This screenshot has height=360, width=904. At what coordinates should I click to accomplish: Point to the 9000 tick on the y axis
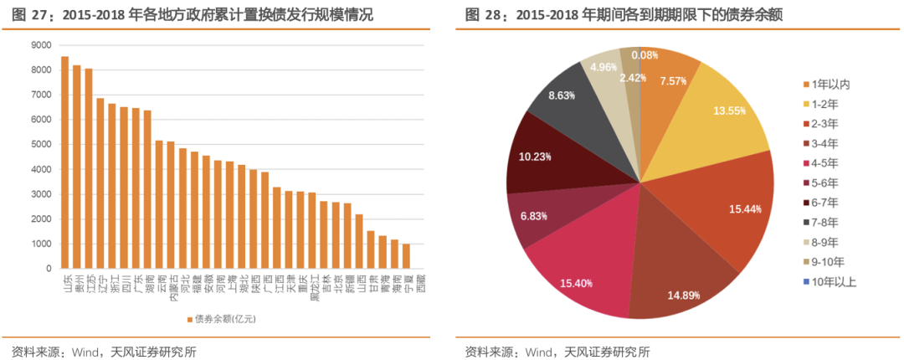[41, 45]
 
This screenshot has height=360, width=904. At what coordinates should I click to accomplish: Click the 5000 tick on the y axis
[41, 145]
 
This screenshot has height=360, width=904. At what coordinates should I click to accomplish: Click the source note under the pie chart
[557, 351]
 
